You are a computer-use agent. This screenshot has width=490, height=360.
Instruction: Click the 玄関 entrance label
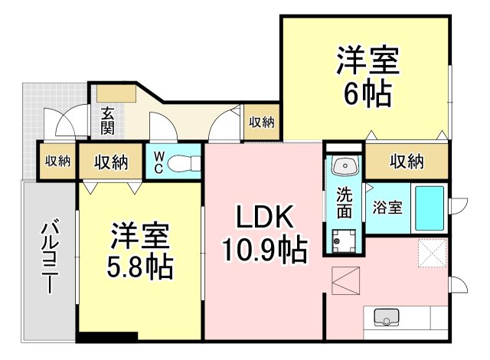[x=107, y=120]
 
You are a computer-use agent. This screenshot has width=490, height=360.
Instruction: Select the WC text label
[x=158, y=162]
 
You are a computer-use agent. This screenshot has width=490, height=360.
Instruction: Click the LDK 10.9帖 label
[x=265, y=233]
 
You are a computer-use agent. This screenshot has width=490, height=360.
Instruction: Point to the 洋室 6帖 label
[x=367, y=76]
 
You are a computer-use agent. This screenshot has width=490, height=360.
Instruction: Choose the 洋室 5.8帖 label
[x=139, y=250]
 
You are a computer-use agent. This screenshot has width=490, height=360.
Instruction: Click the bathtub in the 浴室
[x=430, y=208]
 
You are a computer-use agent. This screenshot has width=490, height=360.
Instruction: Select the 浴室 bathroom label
[x=387, y=207]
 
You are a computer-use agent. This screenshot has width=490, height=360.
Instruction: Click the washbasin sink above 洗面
[x=345, y=166]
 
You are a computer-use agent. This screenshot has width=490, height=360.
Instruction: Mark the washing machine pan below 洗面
[x=344, y=241]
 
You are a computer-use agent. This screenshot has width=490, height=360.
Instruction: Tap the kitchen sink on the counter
[x=386, y=317]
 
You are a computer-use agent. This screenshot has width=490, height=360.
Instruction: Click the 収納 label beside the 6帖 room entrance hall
[x=262, y=122]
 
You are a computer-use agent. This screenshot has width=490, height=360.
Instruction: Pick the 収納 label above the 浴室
[x=407, y=162]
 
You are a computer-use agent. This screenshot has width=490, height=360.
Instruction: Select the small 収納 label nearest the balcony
[x=57, y=162]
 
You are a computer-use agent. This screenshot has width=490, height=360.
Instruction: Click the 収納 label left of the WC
[x=111, y=162]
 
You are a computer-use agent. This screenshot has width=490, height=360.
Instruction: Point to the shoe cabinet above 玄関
[x=116, y=93]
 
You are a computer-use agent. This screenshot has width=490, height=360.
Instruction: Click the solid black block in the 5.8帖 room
[x=108, y=336]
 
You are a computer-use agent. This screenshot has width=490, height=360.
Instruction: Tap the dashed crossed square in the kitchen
[x=432, y=253]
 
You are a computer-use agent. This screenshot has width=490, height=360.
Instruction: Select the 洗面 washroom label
[x=345, y=203]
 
